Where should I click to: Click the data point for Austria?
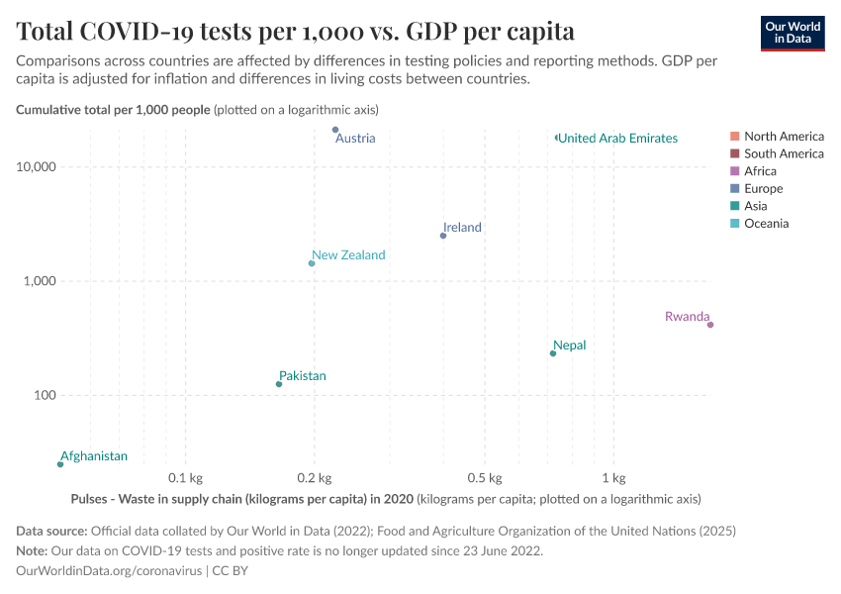(x=335, y=130)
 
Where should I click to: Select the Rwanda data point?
(x=710, y=325)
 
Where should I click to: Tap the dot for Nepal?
(x=553, y=353)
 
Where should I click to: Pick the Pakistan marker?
(x=279, y=384)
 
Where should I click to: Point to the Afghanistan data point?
(x=60, y=464)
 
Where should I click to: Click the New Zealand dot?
(x=312, y=263)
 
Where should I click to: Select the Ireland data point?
(x=443, y=236)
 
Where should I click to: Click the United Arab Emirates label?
(x=617, y=139)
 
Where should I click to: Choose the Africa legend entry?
(x=760, y=171)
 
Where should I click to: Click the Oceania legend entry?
(x=766, y=224)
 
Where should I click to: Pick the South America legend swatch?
(x=733, y=153)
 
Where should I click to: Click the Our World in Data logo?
(x=792, y=32)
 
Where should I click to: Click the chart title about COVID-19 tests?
(x=295, y=31)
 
